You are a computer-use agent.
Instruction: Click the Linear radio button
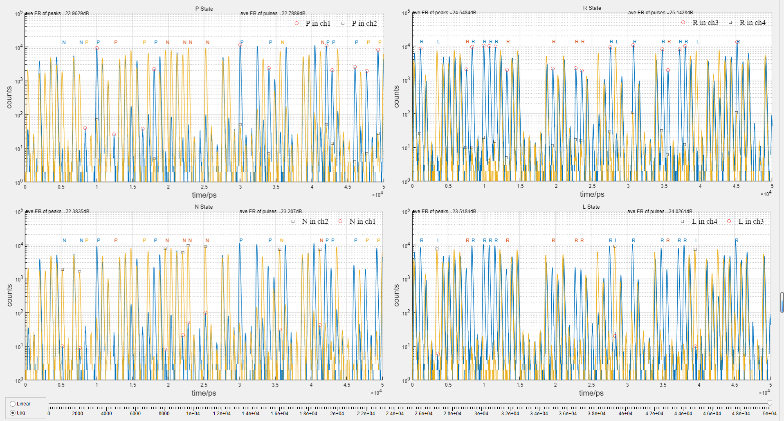[13, 404]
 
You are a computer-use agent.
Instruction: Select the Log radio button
[13, 413]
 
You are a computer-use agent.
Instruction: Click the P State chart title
[204, 9]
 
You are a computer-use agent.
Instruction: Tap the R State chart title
[592, 8]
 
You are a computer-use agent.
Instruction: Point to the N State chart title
[204, 207]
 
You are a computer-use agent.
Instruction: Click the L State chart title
[591, 207]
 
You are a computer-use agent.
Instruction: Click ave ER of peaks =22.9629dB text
[57, 14]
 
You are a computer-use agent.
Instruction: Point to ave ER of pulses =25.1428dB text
[660, 13]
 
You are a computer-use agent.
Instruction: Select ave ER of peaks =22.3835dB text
[57, 212]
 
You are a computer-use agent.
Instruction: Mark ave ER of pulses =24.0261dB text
[660, 212]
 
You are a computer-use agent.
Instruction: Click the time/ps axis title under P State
[204, 195]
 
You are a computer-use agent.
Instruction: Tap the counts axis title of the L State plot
[396, 295]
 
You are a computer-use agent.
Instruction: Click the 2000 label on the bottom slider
[77, 414]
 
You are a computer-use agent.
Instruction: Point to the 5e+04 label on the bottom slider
[770, 414]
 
